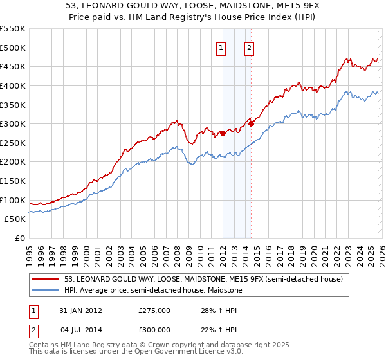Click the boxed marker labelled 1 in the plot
click(x=221, y=47)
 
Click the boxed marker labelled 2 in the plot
click(x=249, y=47)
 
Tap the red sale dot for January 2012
click(x=223, y=134)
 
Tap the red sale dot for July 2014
click(x=251, y=124)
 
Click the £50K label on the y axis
click(x=15, y=219)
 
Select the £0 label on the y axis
click(x=21, y=239)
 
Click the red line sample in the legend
click(x=46, y=279)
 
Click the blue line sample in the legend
click(x=46, y=291)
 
